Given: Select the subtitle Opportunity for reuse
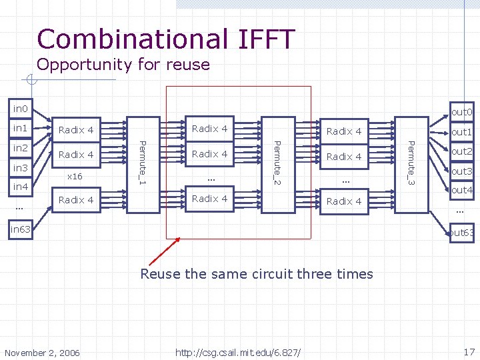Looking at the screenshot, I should [x=123, y=65].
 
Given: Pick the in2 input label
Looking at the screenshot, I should [x=20, y=148].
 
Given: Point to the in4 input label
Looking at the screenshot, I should [x=20, y=187].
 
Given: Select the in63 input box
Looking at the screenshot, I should [x=20, y=230].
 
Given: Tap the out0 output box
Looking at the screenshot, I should [x=461, y=112].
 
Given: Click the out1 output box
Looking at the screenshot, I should [x=461, y=132].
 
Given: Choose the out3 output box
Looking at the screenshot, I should [x=461, y=171].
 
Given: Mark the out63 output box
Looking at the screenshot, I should [x=461, y=233].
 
